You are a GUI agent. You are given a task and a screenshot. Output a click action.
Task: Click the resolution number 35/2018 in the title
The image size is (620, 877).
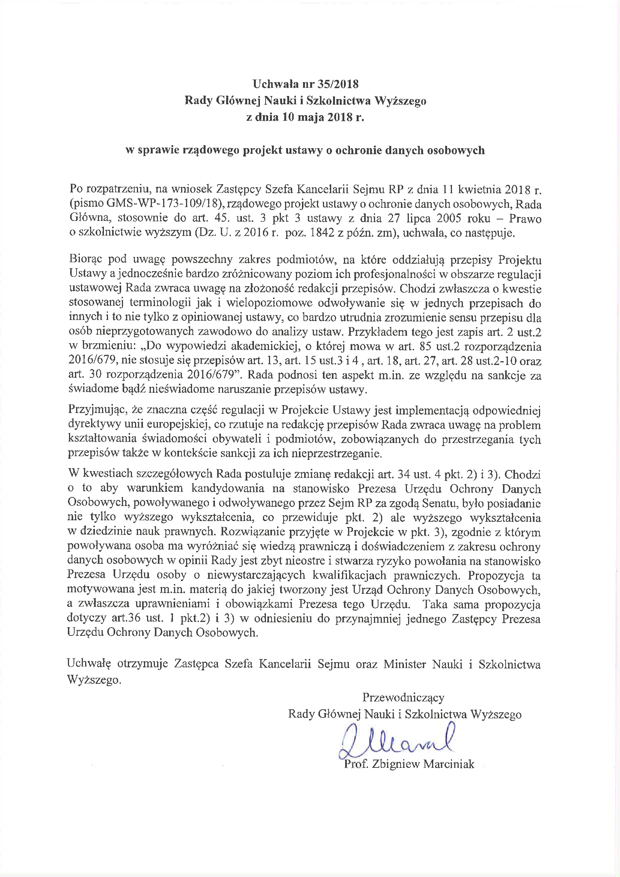338,84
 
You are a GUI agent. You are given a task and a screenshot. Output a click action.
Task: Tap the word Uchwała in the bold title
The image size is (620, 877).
274,84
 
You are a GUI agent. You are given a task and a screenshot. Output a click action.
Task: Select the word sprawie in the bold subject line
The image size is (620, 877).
157,150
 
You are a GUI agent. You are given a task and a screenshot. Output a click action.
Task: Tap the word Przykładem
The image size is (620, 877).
372,332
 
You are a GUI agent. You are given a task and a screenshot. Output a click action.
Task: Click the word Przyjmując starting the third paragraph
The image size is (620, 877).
97,410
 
